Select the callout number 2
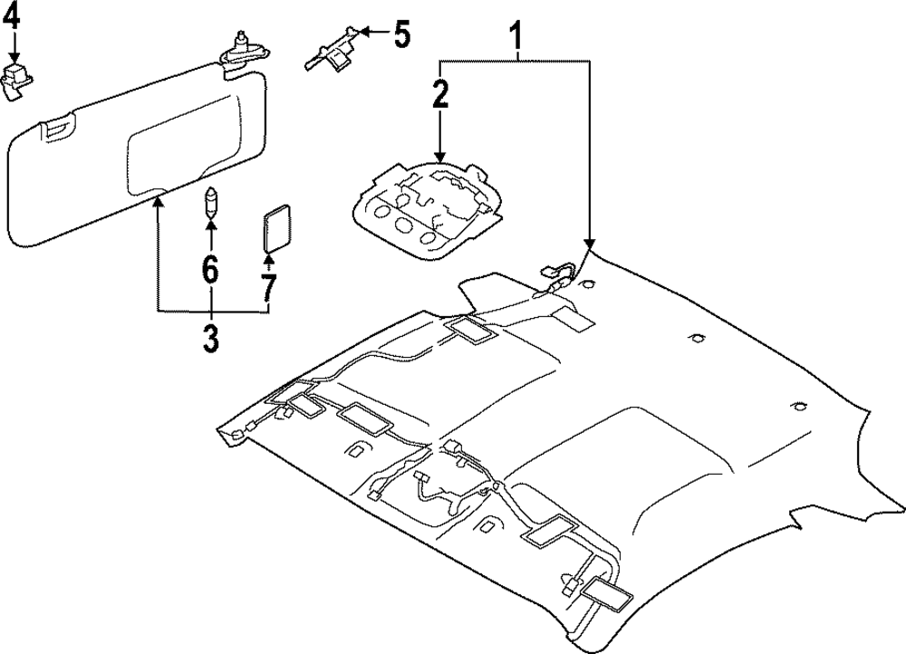click(439, 95)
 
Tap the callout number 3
click(210, 337)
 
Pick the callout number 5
click(400, 35)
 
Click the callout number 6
click(210, 269)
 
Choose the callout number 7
click(268, 288)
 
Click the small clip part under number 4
click(15, 76)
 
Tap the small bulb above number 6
click(210, 202)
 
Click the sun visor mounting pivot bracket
click(242, 51)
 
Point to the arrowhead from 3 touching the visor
click(157, 202)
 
